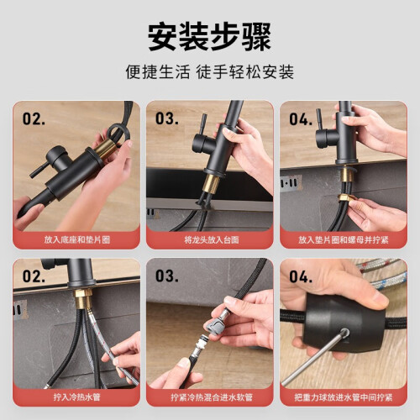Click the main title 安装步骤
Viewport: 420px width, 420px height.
pos(209,37)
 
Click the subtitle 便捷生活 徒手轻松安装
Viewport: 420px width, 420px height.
pos(210,72)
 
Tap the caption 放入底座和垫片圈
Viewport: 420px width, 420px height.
pos(77,239)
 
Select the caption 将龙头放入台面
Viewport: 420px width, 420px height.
pos(212,239)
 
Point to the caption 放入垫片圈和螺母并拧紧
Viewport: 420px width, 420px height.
pos(344,239)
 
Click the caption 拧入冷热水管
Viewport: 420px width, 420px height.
pos(76,397)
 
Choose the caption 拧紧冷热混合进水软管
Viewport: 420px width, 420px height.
pos(212,397)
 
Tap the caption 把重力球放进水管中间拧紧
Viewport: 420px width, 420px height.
pos(344,397)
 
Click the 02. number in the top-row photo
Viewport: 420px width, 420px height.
pos(34,118)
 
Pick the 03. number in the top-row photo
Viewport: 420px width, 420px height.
pos(167,118)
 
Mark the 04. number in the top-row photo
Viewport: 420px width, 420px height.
pos(301,119)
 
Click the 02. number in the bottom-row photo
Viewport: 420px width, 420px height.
pos(34,276)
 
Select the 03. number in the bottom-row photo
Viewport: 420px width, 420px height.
pos(167,276)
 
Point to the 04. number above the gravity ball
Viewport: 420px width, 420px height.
pos(301,276)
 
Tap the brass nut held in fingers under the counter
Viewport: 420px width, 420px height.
pos(345,198)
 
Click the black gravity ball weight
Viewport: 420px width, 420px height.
pos(341,326)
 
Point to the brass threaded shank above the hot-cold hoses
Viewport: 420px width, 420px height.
pos(83,298)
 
